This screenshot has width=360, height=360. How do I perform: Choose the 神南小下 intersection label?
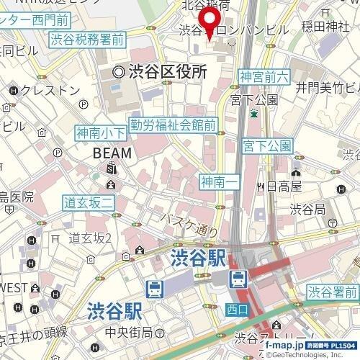[x=100, y=132]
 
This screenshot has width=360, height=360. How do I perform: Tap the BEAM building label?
[x=112, y=153]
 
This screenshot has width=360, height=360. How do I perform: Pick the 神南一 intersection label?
[x=219, y=181]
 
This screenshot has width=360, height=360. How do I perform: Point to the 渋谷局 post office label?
[x=308, y=210]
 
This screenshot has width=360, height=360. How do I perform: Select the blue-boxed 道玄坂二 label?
[x=89, y=204]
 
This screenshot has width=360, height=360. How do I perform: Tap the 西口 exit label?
[x=235, y=310]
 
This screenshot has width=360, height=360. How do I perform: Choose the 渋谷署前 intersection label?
[x=333, y=292]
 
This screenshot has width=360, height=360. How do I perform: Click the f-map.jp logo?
[x=289, y=346]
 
